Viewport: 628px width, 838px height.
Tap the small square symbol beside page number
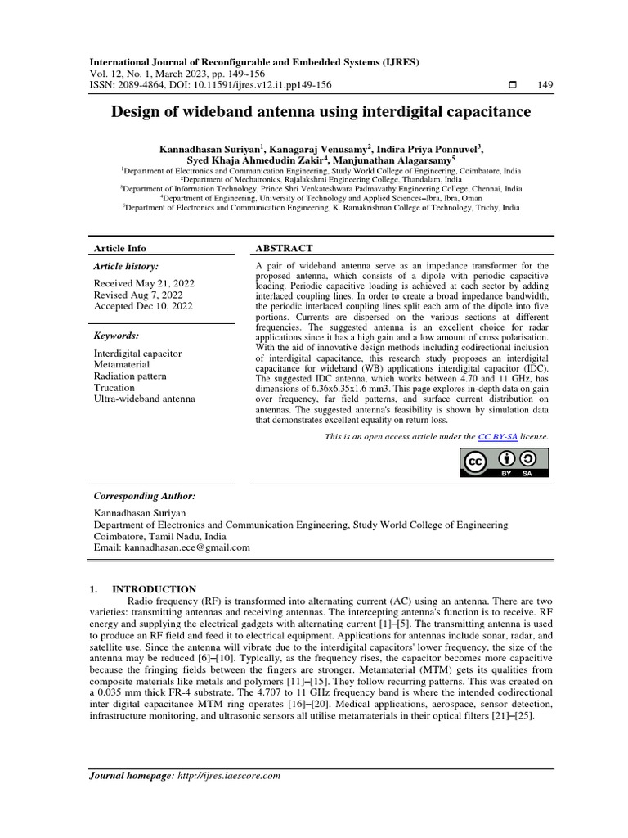coord(513,85)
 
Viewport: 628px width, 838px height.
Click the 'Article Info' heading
coord(120,248)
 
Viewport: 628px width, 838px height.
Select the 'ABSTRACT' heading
coord(285,248)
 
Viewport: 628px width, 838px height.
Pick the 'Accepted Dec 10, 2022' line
coord(144,306)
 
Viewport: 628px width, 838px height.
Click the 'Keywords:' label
coord(117,336)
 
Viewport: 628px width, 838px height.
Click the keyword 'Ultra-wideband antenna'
coord(145,399)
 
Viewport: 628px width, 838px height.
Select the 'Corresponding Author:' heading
coord(145,496)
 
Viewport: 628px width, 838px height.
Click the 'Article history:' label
coord(127,267)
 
